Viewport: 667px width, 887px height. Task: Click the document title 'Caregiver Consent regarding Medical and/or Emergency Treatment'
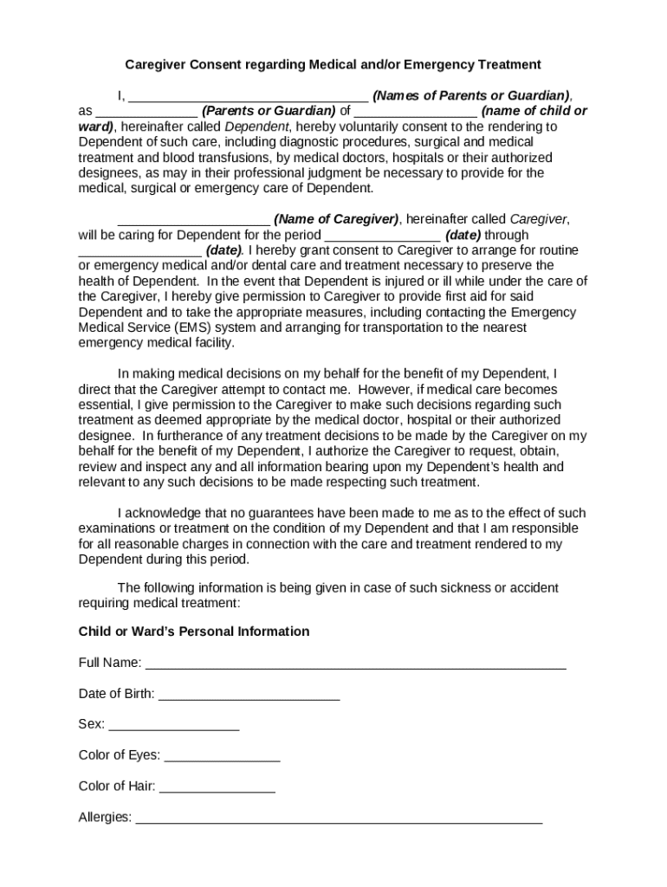tap(333, 64)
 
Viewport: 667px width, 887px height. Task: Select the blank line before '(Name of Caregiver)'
tap(193, 220)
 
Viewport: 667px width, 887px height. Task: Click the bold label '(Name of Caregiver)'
tap(336, 219)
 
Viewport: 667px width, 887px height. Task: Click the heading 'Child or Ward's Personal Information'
tap(194, 631)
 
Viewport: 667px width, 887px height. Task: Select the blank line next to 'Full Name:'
tap(355, 664)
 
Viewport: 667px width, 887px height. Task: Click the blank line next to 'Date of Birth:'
tap(249, 695)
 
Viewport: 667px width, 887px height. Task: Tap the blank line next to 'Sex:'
tap(173, 726)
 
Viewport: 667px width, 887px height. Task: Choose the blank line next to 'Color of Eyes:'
tap(222, 756)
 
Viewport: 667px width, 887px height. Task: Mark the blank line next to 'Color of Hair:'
tap(217, 787)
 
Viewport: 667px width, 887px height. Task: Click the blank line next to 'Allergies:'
tap(339, 819)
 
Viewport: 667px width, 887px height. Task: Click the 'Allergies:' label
tap(105, 818)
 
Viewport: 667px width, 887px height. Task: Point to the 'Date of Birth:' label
tap(117, 694)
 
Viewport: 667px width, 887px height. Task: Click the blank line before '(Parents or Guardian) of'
tap(146, 112)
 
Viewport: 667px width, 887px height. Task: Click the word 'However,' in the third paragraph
tap(384, 389)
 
